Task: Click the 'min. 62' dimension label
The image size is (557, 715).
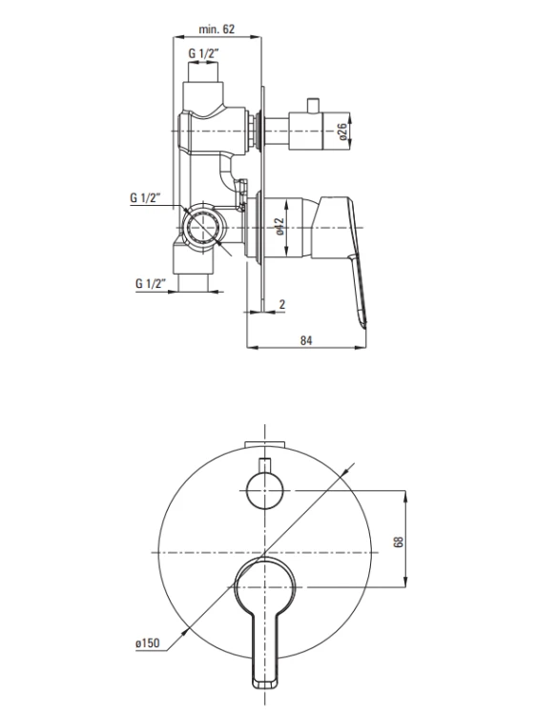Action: (x=217, y=30)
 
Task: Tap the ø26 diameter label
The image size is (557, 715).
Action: (x=342, y=132)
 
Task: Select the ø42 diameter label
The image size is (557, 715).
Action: (x=279, y=226)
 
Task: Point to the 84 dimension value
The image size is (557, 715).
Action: (x=306, y=340)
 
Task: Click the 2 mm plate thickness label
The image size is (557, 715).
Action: (x=282, y=304)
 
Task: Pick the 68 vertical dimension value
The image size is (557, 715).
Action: (x=399, y=541)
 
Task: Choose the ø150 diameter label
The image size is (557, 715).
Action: (x=147, y=643)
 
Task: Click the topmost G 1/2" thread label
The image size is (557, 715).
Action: (x=203, y=53)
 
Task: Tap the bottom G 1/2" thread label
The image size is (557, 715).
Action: (x=151, y=283)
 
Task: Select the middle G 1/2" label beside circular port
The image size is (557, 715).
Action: (x=145, y=197)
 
